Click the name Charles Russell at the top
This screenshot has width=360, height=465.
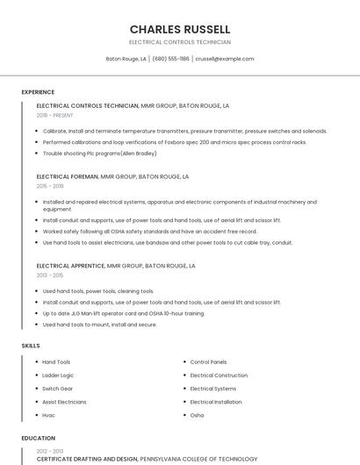(180, 29)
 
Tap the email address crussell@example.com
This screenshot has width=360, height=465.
(224, 59)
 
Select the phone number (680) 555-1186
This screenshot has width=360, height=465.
(170, 59)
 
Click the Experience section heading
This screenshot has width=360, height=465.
(38, 92)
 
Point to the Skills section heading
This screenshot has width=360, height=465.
(31, 346)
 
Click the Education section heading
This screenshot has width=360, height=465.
(38, 438)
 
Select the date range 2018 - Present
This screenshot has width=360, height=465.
(55, 115)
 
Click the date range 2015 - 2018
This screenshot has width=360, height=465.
(50, 186)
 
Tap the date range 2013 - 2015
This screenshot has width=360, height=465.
(50, 275)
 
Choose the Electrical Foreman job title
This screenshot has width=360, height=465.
(68, 176)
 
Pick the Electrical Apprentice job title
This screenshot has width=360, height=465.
(71, 265)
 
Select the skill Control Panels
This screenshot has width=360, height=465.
(208, 361)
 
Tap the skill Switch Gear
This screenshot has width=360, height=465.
(58, 389)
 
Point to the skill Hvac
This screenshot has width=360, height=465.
(48, 415)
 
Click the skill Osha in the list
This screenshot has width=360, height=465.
(197, 415)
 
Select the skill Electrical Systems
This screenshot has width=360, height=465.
(213, 389)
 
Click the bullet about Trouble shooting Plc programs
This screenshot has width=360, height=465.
(99, 153)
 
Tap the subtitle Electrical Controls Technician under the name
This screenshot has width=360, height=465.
(180, 42)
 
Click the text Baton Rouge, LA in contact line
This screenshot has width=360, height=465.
(126, 59)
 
